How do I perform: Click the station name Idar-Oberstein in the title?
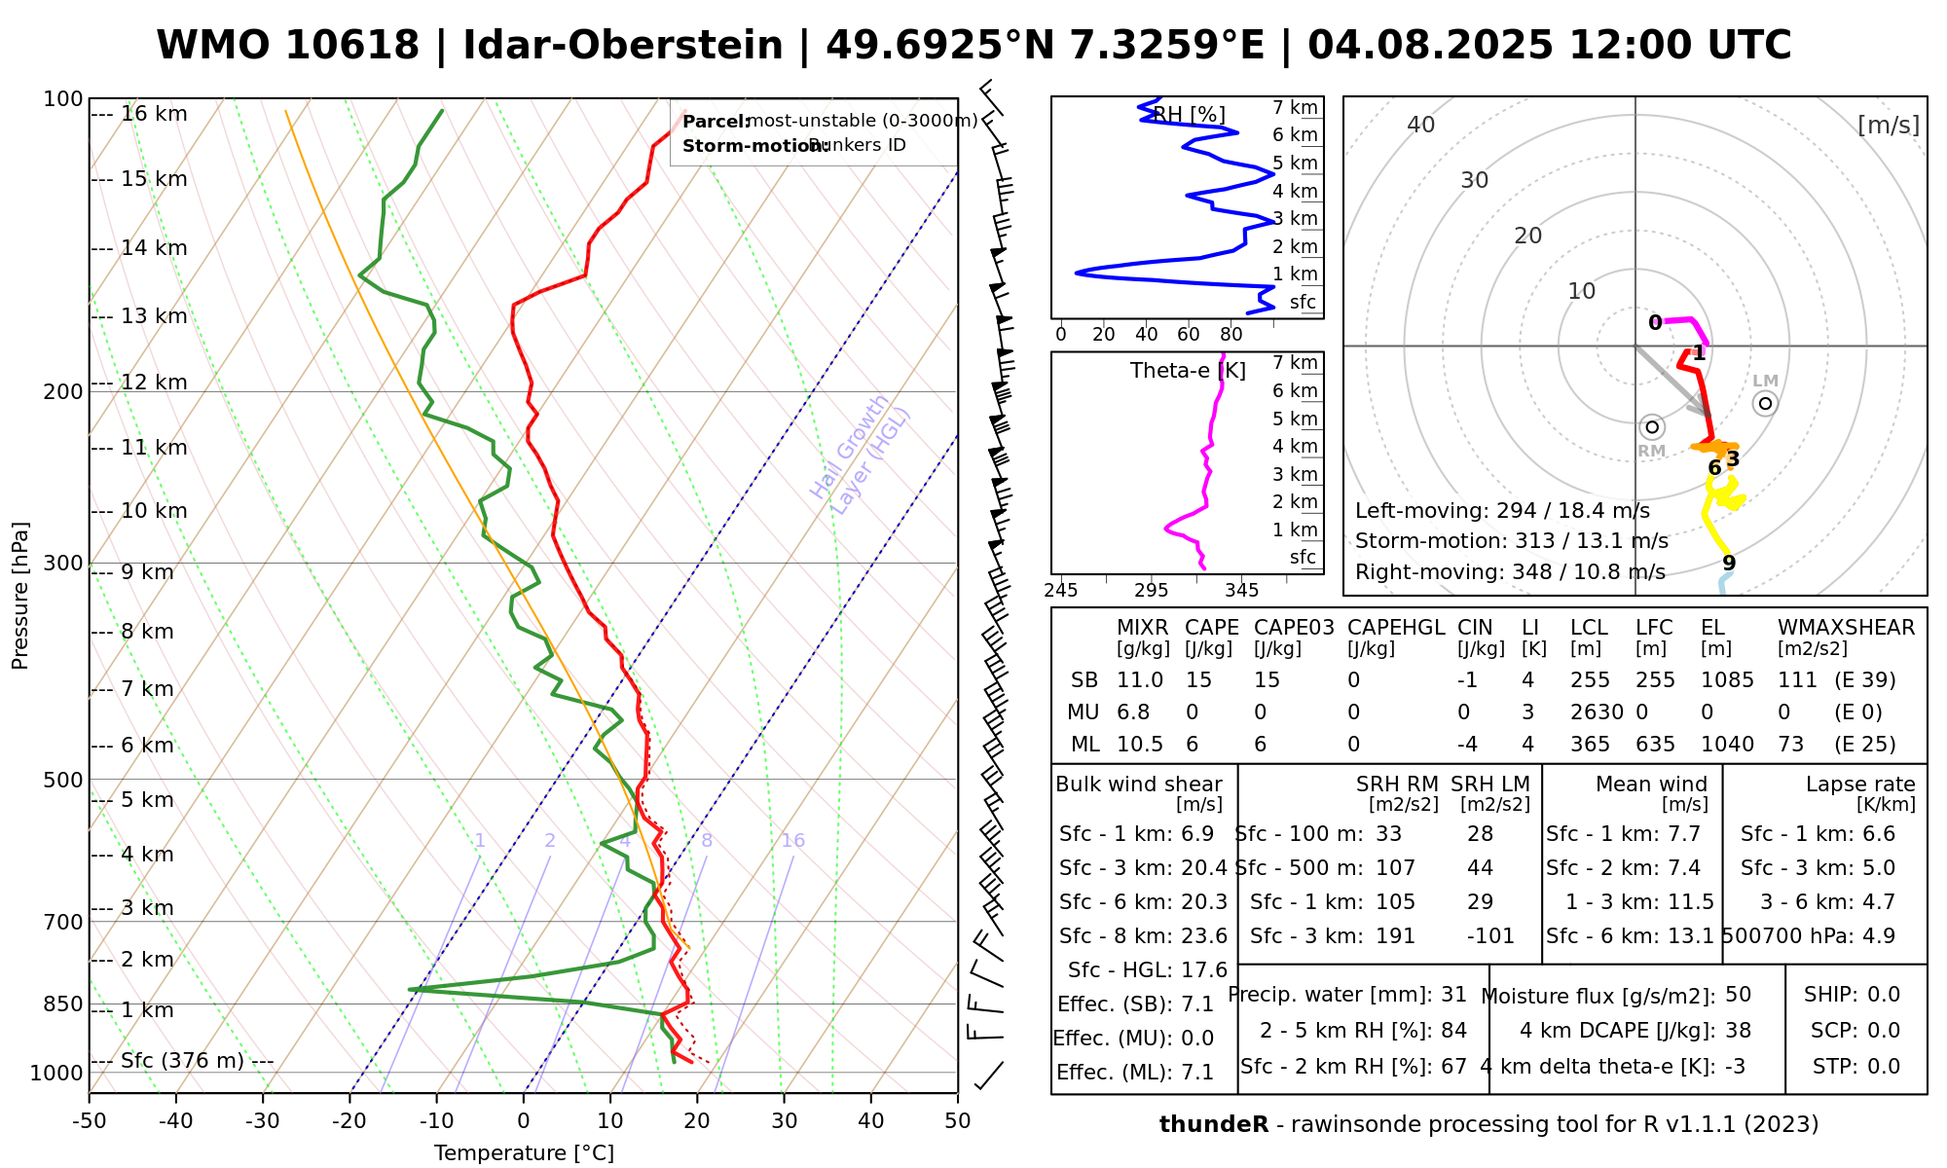(x=623, y=46)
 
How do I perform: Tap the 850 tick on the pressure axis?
(x=64, y=1004)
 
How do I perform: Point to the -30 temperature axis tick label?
(x=263, y=1121)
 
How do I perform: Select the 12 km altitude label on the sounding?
(x=154, y=383)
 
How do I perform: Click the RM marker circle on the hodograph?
(x=1651, y=427)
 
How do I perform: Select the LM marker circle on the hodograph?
(x=1765, y=403)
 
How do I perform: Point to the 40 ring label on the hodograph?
(x=1421, y=125)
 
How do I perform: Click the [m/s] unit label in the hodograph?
(x=1889, y=125)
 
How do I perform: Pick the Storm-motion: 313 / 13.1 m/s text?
(x=1511, y=541)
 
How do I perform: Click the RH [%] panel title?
(x=1189, y=115)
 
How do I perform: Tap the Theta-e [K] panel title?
(x=1188, y=371)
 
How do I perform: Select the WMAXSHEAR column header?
(x=1846, y=628)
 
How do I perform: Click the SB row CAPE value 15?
(x=1199, y=680)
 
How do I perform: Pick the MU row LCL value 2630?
(x=1597, y=712)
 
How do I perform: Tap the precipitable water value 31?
(x=1453, y=995)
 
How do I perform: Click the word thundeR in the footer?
(x=1213, y=1125)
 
